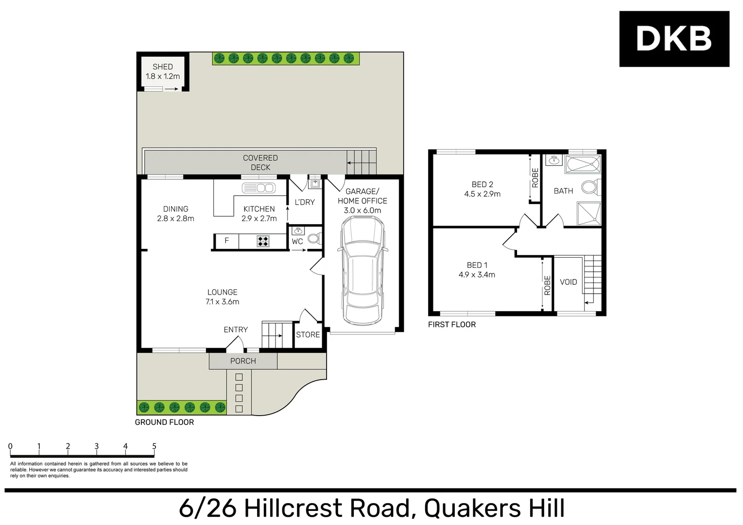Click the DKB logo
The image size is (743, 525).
674,39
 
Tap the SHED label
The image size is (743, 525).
162,67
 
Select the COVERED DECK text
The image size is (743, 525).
260,162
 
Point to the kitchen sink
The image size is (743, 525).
259,188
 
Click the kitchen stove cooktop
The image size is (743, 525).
263,241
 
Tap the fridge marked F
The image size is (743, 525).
226,241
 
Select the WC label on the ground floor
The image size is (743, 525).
297,242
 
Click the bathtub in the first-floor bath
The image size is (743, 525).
583,165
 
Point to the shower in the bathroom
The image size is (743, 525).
588,214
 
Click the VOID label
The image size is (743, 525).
568,282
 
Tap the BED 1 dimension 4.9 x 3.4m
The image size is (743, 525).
477,275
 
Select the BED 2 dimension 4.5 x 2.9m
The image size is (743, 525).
482,194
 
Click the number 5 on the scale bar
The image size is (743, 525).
154,446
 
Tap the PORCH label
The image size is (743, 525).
243,361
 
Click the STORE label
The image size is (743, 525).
308,335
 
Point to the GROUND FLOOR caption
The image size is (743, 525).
164,422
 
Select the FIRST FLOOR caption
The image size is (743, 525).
451,325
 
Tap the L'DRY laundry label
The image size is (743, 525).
305,202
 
